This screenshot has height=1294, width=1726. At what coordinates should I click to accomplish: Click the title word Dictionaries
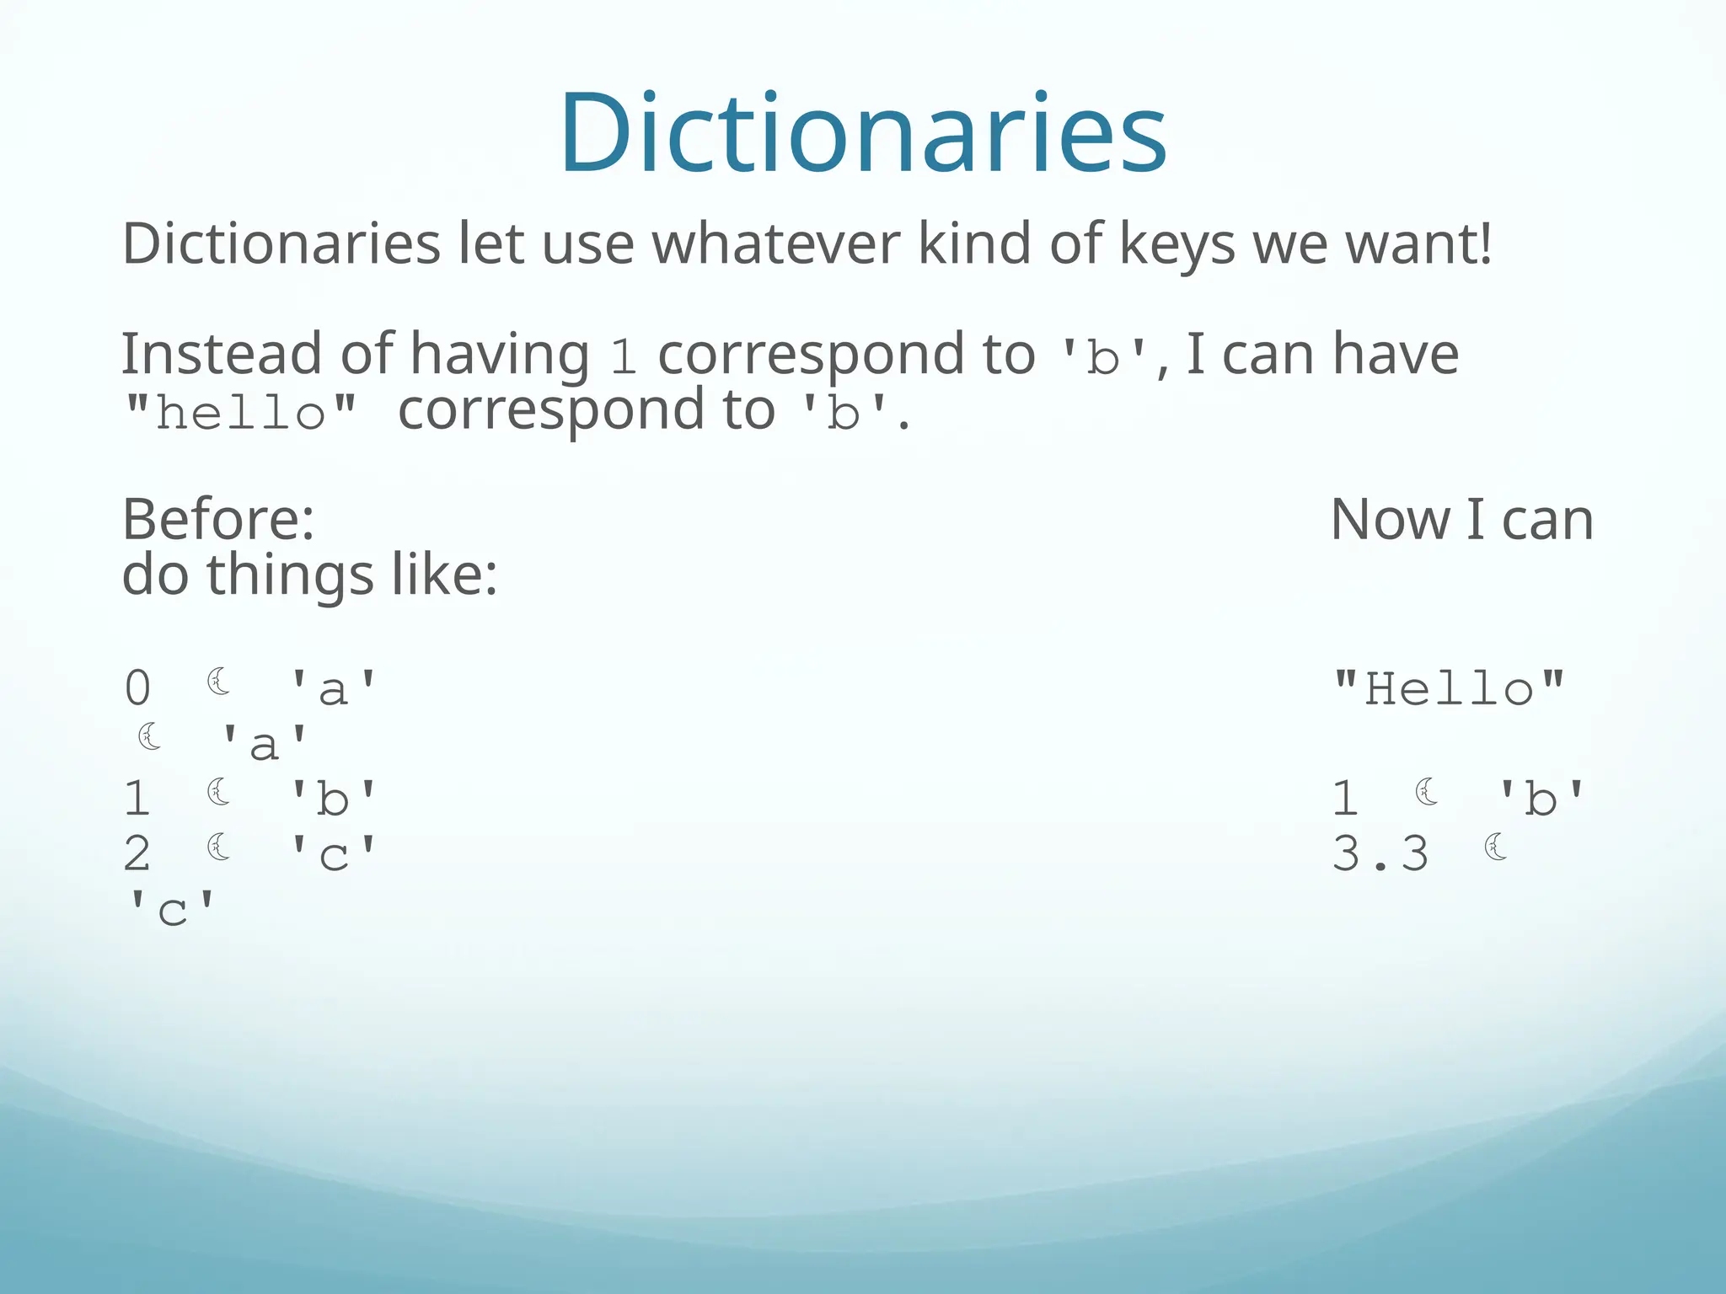tap(862, 133)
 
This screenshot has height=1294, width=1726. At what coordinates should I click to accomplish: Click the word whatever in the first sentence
tap(776, 244)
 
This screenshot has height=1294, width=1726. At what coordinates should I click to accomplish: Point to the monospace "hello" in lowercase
tap(240, 413)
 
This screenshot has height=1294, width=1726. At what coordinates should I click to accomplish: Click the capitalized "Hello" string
tap(1449, 688)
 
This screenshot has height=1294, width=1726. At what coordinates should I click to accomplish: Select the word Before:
tap(218, 519)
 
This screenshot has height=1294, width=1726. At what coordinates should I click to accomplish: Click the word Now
tap(1391, 519)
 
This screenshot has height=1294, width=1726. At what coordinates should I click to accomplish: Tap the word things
tap(290, 575)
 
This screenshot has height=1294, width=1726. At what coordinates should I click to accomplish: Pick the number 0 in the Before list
tap(138, 688)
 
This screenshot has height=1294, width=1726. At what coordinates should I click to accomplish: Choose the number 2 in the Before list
tap(137, 853)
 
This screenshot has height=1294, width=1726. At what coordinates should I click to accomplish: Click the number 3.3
tap(1380, 853)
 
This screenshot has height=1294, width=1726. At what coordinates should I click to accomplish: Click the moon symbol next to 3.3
tap(1496, 847)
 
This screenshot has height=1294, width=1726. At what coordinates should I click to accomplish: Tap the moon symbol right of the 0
tap(219, 682)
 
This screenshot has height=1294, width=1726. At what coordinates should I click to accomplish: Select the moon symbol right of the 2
tap(219, 847)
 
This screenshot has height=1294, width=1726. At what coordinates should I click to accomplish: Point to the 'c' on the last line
tap(171, 910)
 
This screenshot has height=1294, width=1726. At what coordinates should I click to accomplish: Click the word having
tap(500, 353)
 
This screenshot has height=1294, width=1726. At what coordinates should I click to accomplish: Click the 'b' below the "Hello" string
tap(1541, 798)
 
